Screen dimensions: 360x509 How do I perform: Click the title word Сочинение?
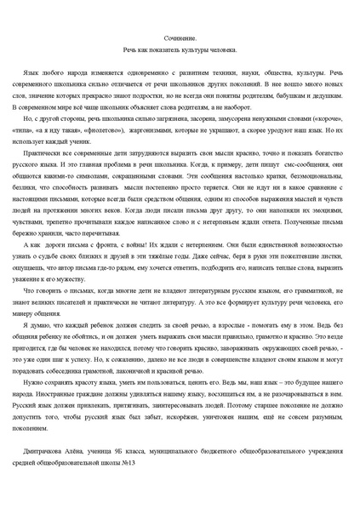click(x=180, y=39)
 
